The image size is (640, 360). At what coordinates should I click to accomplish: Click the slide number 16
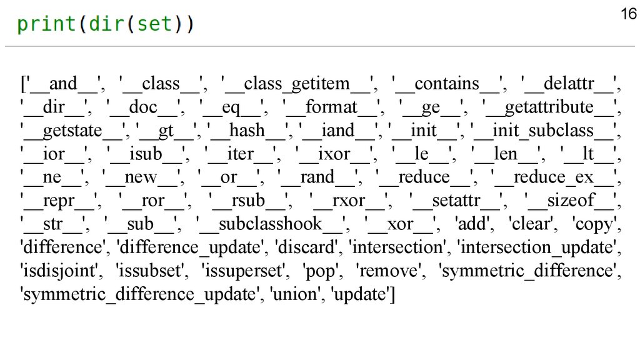[627, 14]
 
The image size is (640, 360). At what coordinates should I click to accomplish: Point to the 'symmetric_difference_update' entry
[141, 294]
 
